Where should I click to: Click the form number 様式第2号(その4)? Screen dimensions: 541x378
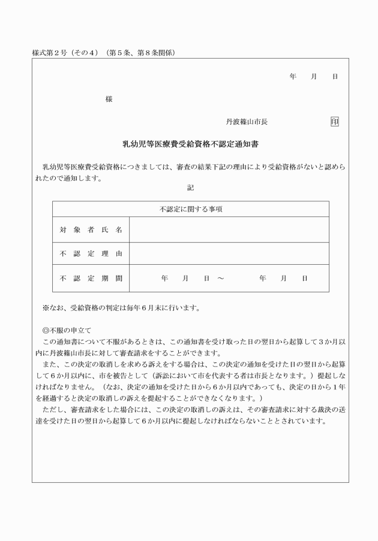pyautogui.click(x=67, y=53)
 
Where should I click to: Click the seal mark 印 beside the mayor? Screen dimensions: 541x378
pyautogui.click(x=334, y=122)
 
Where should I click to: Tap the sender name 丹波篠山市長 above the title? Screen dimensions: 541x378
pyautogui.click(x=247, y=122)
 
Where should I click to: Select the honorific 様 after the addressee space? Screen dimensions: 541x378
pyautogui.click(x=109, y=98)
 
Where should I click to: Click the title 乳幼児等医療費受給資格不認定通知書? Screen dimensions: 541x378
pyautogui.click(x=190, y=144)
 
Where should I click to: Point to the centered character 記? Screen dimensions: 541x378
pyautogui.click(x=190, y=188)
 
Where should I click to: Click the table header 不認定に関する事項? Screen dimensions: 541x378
pyautogui.click(x=190, y=209)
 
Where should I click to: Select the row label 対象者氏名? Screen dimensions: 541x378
pyautogui.click(x=91, y=229)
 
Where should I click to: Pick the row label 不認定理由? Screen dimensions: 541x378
pyautogui.click(x=91, y=253)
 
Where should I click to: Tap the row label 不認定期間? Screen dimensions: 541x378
pyautogui.click(x=91, y=278)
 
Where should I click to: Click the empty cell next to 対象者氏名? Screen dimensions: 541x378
pyautogui.click(x=229, y=229)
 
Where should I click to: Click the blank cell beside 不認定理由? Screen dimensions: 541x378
pyautogui.click(x=229, y=253)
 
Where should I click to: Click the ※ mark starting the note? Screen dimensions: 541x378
pyautogui.click(x=46, y=309)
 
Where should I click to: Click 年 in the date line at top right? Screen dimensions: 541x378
pyautogui.click(x=292, y=77)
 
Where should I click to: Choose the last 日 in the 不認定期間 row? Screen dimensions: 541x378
pyautogui.click(x=305, y=279)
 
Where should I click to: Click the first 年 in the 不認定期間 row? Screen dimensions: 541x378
pyautogui.click(x=164, y=279)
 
